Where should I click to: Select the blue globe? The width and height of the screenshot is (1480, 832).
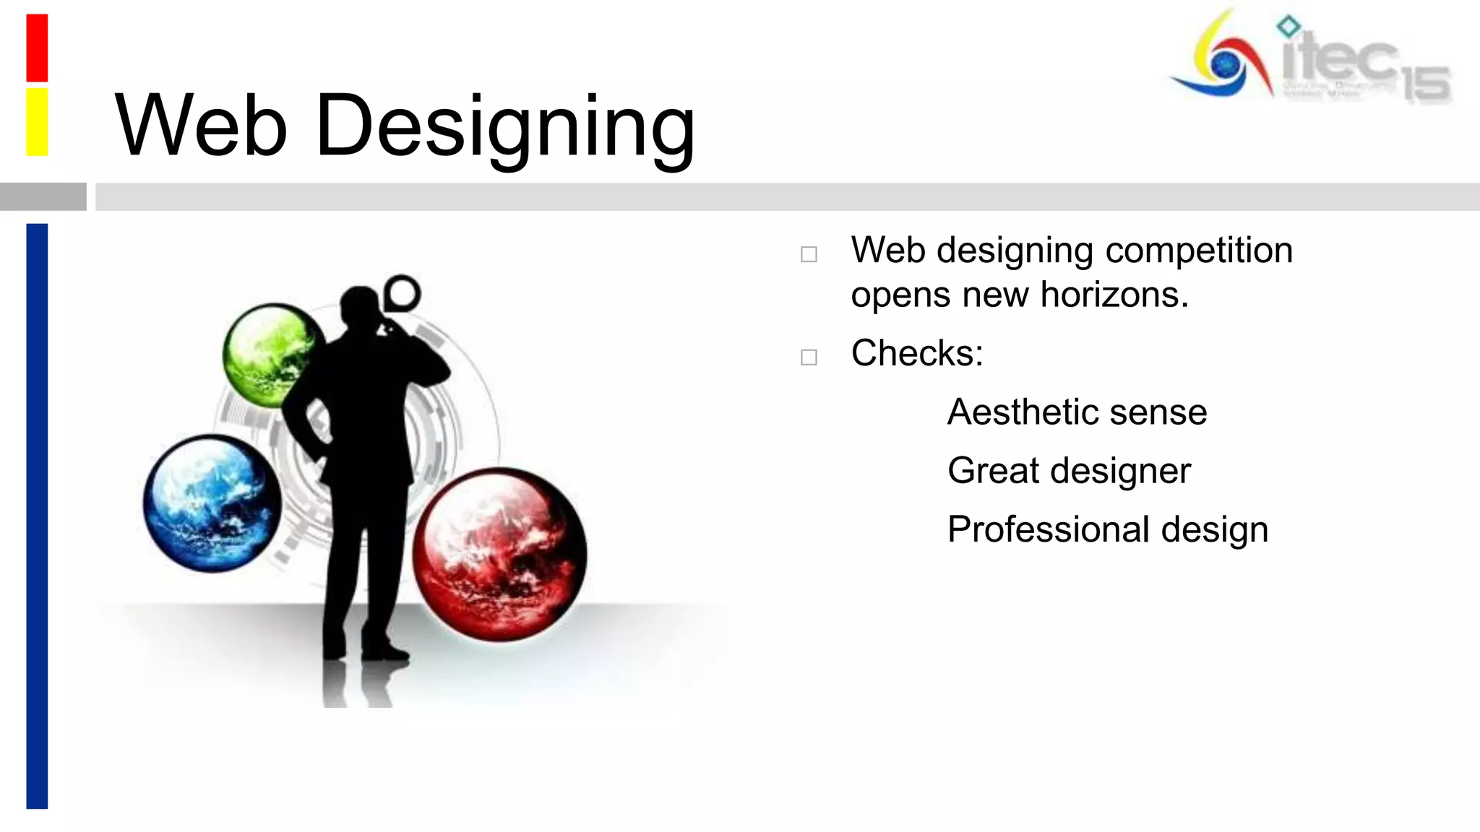point(211,503)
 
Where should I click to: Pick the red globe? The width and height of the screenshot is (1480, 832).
point(500,555)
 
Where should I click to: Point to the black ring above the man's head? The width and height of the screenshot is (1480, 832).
point(402,293)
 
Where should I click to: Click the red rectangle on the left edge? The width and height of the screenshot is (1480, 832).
point(37,48)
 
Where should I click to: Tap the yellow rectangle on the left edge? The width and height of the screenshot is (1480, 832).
point(37,121)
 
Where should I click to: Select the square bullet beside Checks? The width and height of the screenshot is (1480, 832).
point(809,357)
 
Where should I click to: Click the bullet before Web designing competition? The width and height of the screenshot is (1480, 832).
point(809,254)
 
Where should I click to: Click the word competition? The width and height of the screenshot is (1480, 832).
point(1199,251)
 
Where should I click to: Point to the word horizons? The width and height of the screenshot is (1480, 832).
point(1114,295)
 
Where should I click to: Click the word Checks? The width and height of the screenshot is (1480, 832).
point(916,354)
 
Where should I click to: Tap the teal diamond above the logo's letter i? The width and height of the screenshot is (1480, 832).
point(1288,26)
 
